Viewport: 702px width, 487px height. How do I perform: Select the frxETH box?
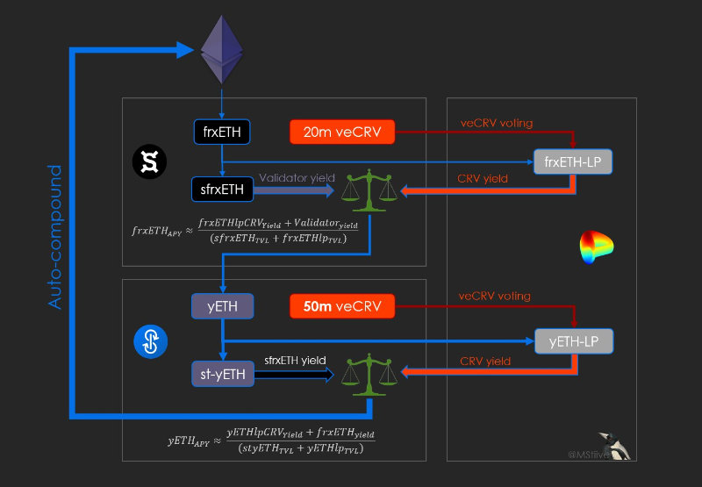[222, 132]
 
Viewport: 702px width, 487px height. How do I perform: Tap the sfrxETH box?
[222, 188]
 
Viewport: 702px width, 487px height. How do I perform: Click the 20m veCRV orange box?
[341, 132]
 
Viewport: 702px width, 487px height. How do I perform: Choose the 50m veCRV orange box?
[341, 306]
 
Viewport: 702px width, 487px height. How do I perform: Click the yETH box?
[222, 306]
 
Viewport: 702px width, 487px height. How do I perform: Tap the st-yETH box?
[222, 374]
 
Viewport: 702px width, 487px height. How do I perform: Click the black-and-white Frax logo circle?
[149, 161]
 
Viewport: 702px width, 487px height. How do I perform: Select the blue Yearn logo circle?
[149, 342]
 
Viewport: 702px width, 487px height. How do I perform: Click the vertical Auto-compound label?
[55, 237]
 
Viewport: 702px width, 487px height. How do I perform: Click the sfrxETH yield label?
[295, 361]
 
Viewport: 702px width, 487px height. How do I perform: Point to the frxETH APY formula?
[239, 231]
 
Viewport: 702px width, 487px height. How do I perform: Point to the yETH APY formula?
[271, 440]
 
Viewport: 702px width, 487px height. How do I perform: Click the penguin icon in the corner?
[620, 446]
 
